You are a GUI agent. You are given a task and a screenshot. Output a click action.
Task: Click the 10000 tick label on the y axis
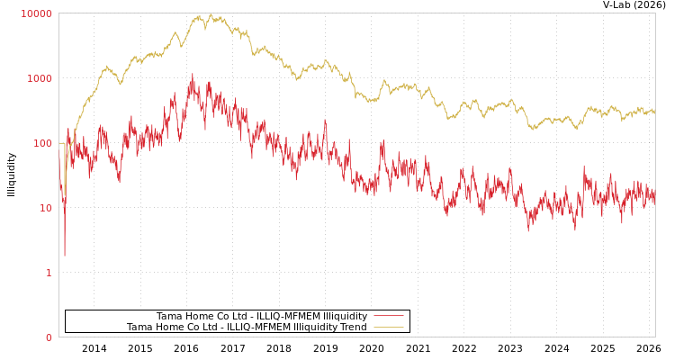[x=37, y=13]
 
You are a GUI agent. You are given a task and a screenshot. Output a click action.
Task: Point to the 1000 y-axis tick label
[x=40, y=78]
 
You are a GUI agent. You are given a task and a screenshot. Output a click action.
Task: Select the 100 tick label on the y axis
[x=42, y=143]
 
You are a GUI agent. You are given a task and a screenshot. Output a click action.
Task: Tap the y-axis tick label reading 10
[x=45, y=208]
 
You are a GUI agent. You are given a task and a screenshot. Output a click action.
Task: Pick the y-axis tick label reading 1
[x=49, y=273]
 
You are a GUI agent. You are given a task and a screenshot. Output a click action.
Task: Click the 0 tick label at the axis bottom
[x=49, y=337]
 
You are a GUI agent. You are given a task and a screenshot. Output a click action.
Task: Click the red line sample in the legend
[x=388, y=316]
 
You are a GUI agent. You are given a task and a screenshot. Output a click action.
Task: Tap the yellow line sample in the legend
[x=388, y=328]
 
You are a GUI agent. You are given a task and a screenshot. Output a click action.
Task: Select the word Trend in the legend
[x=353, y=328]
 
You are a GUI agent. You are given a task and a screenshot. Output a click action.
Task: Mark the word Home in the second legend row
[x=167, y=328]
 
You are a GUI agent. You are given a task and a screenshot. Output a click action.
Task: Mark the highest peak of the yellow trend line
[x=210, y=13]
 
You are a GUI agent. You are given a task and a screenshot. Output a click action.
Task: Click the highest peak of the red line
[x=192, y=75]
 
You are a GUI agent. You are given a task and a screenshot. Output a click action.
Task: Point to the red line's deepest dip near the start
[x=64, y=256]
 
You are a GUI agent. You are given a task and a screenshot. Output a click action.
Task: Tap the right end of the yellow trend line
[x=654, y=112]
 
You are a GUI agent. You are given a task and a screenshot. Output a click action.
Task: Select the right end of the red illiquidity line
[x=654, y=200]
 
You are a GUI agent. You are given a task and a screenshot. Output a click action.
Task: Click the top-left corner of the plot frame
[x=59, y=13]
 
